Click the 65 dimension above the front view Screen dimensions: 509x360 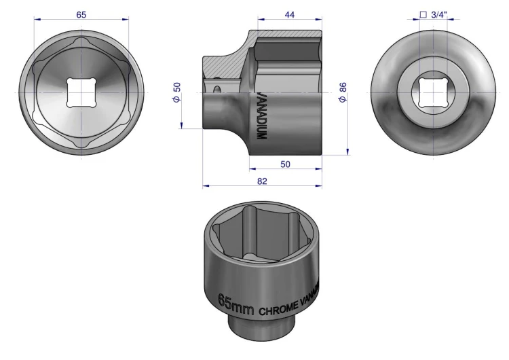[81, 15]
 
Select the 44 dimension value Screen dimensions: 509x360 [290, 15]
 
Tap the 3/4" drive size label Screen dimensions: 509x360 [439, 15]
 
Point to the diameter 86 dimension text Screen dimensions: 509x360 [343, 92]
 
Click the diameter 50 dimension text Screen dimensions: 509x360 [177, 92]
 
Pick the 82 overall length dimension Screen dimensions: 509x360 [262, 181]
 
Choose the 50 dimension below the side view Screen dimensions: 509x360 [285, 164]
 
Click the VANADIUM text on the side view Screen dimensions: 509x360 [261, 115]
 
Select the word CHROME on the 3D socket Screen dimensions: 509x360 [278, 308]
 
